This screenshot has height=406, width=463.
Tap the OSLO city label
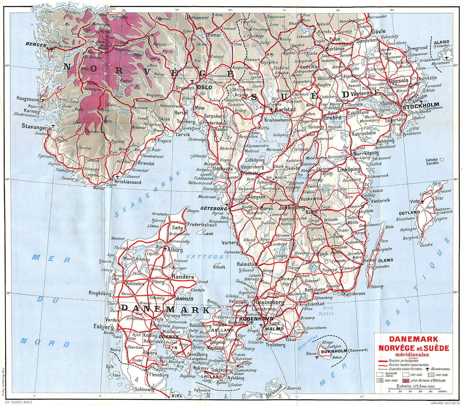pyautogui.click(x=204, y=87)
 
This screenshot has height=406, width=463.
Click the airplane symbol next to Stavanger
pyautogui.click(x=53, y=127)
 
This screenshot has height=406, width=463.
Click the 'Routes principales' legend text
pyautogui.click(x=404, y=361)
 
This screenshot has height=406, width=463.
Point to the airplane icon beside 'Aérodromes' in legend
pyautogui.click(x=427, y=369)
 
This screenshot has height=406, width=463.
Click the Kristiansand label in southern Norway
pyautogui.click(x=128, y=182)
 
